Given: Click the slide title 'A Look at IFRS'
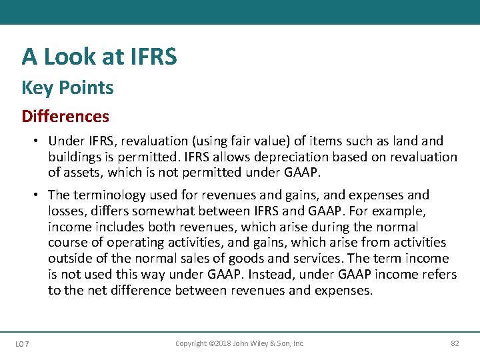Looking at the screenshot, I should (99, 57).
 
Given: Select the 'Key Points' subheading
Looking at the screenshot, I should (67, 87).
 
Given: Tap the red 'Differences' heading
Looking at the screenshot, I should (65, 116).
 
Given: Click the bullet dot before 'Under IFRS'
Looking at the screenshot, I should (41, 141).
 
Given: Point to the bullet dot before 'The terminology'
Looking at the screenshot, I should (41, 195).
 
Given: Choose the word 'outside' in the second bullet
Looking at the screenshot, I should (69, 259).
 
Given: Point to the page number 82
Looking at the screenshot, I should (455, 343).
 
